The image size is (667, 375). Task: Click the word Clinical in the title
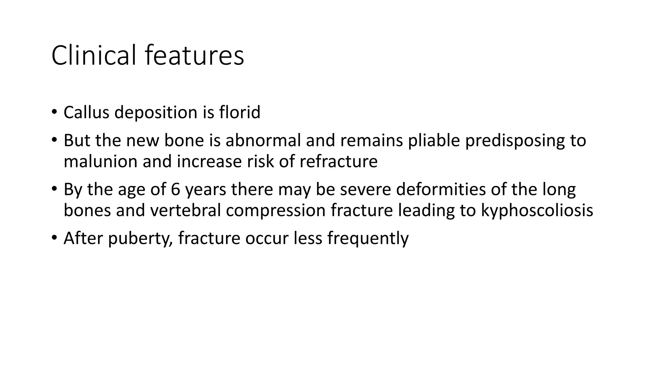click(93, 55)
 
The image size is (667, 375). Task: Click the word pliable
click(434, 140)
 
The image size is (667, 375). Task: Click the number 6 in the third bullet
click(176, 189)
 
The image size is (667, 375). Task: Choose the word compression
click(276, 211)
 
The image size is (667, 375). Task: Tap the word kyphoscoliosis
click(537, 211)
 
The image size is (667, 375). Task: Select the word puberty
click(140, 239)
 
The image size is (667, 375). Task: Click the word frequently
click(368, 239)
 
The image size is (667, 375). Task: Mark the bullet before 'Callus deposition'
click(54, 112)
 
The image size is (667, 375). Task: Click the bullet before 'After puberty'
click(54, 238)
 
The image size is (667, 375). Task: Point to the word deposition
click(156, 113)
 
